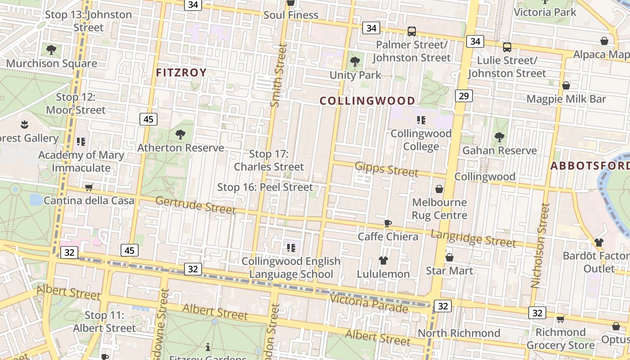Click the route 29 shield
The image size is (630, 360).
[464, 95]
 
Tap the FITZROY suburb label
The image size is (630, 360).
[181, 72]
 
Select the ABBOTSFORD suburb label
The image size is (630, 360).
[589, 166]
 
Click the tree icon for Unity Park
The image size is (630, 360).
[355, 62]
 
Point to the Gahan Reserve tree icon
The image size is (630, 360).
[499, 137]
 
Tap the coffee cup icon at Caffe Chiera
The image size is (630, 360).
[388, 223]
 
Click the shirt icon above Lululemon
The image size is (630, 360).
[383, 260]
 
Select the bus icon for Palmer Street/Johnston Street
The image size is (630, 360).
[411, 31]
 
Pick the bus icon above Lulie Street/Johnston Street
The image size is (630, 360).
[507, 46]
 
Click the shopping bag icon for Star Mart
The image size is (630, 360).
[449, 257]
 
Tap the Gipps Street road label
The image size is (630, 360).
[387, 169]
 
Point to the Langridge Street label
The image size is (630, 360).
[473, 238]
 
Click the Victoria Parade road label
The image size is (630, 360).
[369, 303]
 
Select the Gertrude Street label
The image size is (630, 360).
[195, 205]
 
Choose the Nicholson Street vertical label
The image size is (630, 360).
[540, 245]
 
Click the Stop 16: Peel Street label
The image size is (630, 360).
[265, 187]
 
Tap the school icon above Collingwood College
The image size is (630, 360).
[421, 120]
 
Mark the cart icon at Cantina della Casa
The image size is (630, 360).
[89, 187]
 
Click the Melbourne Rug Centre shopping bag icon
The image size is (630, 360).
[439, 189]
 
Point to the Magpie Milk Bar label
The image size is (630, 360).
[572, 99]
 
